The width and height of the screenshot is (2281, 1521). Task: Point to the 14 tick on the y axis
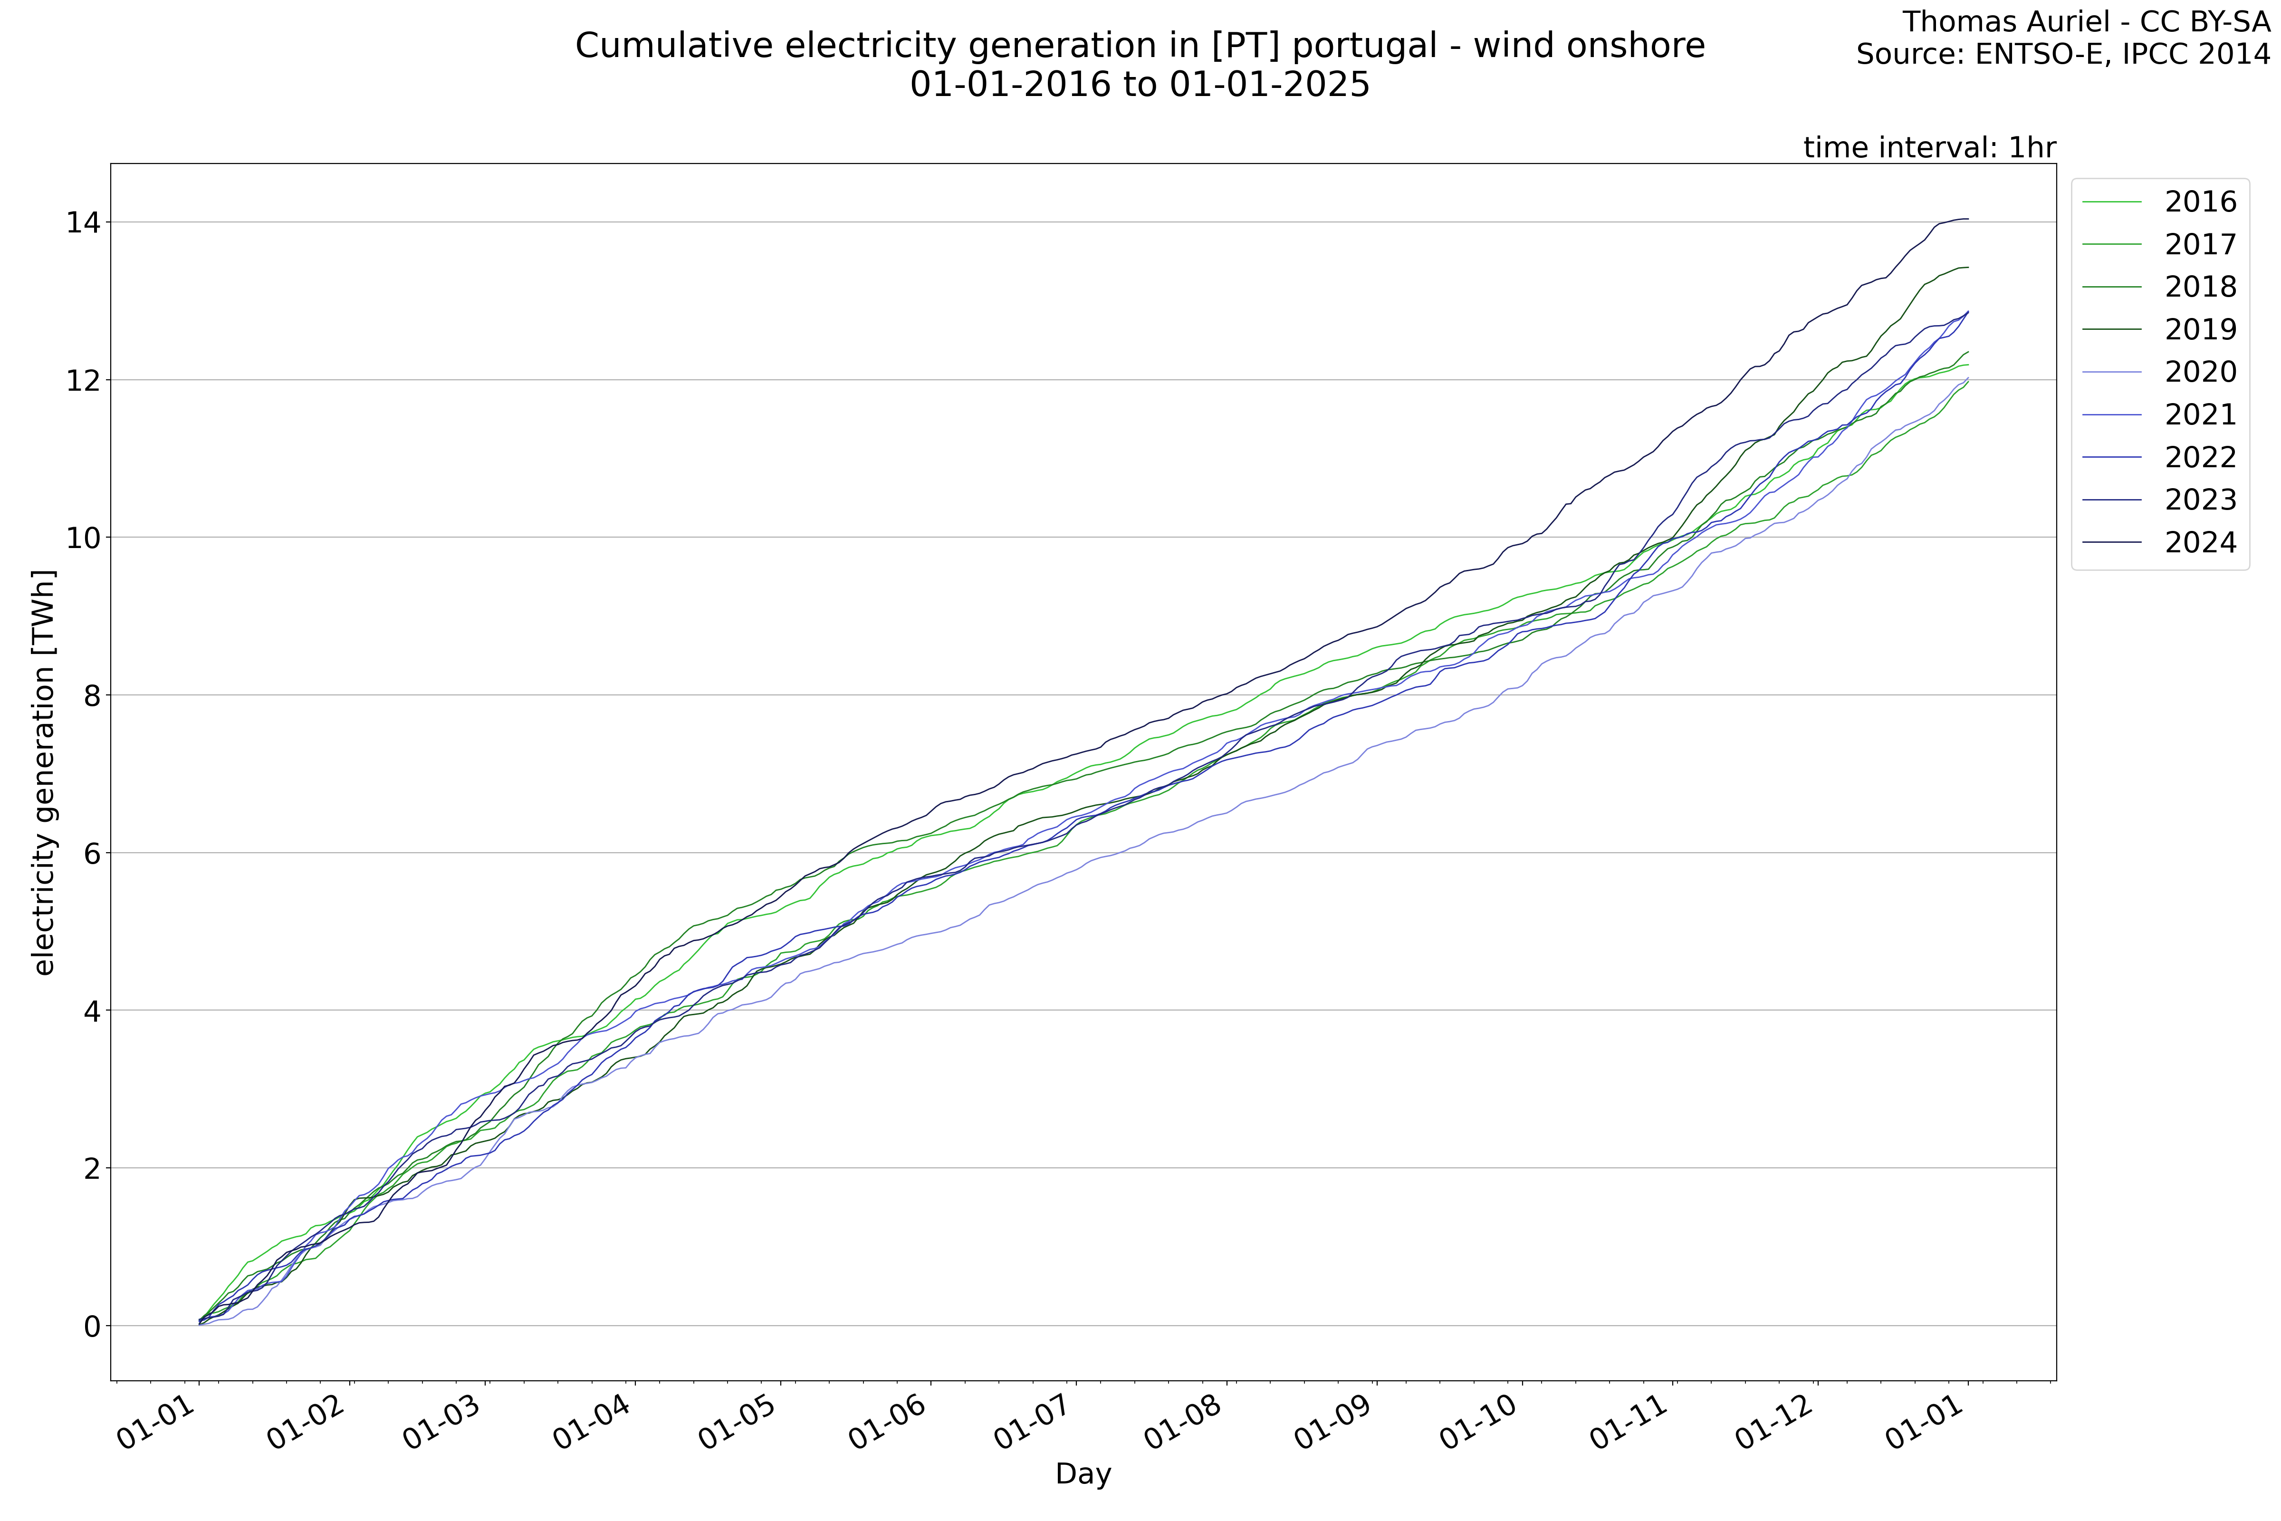[84, 223]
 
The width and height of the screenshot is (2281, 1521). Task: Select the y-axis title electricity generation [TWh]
[44, 772]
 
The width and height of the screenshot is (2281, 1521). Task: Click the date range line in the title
[1140, 86]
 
